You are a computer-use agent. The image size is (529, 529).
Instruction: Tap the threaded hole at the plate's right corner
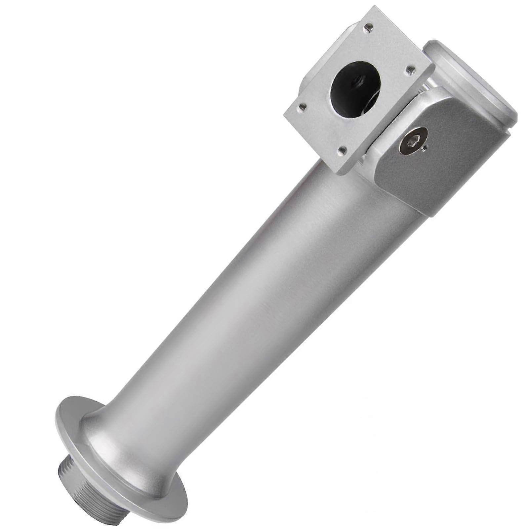click(410, 69)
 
